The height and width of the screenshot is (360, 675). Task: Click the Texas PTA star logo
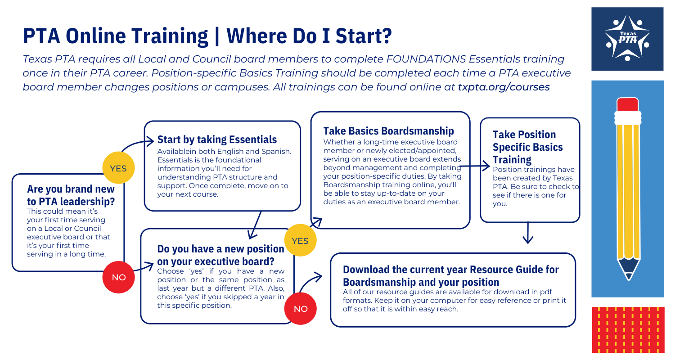point(627,38)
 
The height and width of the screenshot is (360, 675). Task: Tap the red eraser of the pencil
point(627,104)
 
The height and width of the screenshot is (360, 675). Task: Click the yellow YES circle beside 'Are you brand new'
point(118,168)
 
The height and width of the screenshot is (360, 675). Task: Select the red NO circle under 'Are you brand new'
point(118,277)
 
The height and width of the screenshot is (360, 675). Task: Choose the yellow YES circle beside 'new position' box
point(300,240)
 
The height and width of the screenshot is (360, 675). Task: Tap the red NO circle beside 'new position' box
point(301,309)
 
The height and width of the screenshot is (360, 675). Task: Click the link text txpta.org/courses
point(504,87)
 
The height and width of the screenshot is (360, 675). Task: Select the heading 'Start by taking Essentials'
point(217,139)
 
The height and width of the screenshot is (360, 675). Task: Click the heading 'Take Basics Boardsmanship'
point(388,131)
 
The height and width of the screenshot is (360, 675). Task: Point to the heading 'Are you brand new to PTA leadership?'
point(71,195)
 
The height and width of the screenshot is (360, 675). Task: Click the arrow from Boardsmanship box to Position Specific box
point(475,166)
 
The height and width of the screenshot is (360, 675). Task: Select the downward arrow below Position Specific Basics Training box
point(528,233)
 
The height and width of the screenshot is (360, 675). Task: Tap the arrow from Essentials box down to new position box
point(255,225)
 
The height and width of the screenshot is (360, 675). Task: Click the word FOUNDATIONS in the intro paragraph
point(426,59)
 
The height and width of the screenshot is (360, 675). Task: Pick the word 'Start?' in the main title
point(364,36)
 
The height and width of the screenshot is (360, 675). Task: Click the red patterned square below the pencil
point(628,329)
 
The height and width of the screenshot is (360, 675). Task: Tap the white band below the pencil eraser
point(628,118)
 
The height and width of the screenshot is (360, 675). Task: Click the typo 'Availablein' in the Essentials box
point(175,151)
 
